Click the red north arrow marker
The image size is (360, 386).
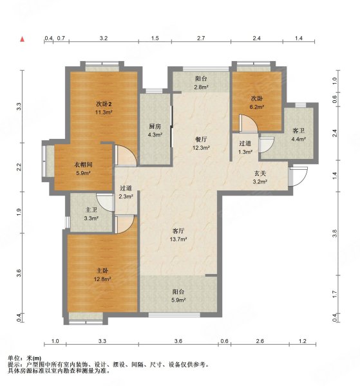tap(23, 39)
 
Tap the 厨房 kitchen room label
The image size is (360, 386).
tap(155, 126)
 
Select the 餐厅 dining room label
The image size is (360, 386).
tap(201, 140)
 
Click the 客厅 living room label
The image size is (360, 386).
tap(178, 231)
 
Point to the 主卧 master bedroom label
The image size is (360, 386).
tap(102, 271)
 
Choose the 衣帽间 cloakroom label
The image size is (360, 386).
tap(83, 165)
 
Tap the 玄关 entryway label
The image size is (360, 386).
tap(260, 173)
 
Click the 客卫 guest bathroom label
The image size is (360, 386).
tap(298, 131)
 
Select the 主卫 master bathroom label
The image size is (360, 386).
tap(91, 210)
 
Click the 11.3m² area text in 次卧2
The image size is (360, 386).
tap(104, 113)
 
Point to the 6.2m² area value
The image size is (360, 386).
tap(257, 107)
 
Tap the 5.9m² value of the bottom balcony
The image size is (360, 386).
tap(179, 300)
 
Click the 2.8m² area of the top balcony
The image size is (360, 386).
tap(202, 87)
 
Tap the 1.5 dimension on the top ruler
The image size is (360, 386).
tap(155, 38)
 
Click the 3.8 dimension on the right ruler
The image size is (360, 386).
tap(334, 234)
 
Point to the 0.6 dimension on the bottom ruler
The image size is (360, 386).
tap(224, 341)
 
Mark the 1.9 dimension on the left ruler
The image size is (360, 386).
tap(19, 212)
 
